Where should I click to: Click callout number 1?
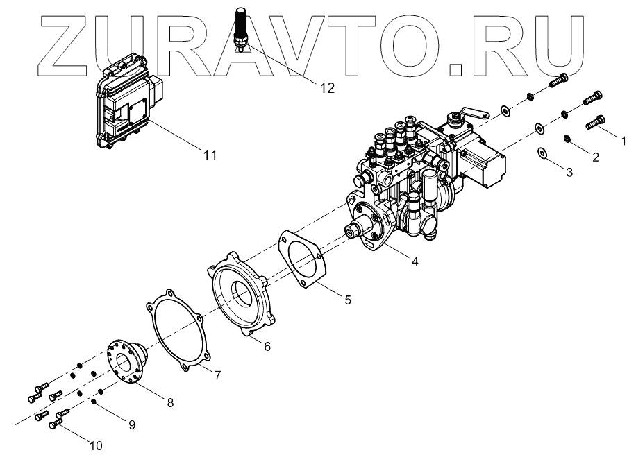pos(624,140)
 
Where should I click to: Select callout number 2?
pos(595,157)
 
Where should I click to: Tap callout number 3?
pos(569,171)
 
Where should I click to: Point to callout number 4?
pos(415,261)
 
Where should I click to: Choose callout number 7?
pos(217,375)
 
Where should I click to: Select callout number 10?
pos(95,446)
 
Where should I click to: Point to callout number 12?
pos(326,87)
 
